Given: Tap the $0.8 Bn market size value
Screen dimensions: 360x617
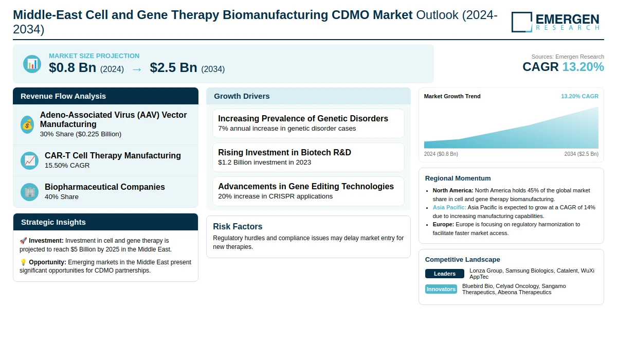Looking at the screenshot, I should [x=72, y=67].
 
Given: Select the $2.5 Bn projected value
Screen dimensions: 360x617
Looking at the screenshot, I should [x=173, y=67].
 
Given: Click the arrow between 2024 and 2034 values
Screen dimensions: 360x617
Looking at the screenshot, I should [x=137, y=68].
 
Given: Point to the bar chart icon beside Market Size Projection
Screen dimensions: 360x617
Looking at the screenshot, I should [x=32, y=64].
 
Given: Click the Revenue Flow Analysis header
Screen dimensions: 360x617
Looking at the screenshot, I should [x=63, y=96].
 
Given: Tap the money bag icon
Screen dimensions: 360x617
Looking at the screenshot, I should [x=27, y=124].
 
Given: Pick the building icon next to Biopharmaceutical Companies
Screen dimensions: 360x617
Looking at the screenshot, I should [x=29, y=192].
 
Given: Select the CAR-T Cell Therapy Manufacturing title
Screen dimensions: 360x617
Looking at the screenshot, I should [x=113, y=155].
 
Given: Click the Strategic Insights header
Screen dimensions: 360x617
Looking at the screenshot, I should [x=53, y=222].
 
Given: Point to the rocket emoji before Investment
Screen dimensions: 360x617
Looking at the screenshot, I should [x=23, y=241].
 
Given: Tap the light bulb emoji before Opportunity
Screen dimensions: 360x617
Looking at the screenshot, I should [x=23, y=262].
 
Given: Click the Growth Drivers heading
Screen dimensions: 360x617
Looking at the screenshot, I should [x=242, y=96].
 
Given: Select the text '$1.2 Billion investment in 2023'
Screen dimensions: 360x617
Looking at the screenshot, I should [x=264, y=163].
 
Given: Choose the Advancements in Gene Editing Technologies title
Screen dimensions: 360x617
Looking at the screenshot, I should [x=305, y=187].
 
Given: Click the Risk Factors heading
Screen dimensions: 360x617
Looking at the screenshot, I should [x=238, y=227].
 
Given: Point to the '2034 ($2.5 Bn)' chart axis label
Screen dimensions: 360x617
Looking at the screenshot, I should [x=581, y=154].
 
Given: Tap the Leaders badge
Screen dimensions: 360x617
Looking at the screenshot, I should [x=444, y=274].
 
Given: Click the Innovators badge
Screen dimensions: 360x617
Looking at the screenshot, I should [x=441, y=289].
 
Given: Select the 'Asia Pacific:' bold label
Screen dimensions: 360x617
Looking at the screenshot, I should [x=449, y=207].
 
